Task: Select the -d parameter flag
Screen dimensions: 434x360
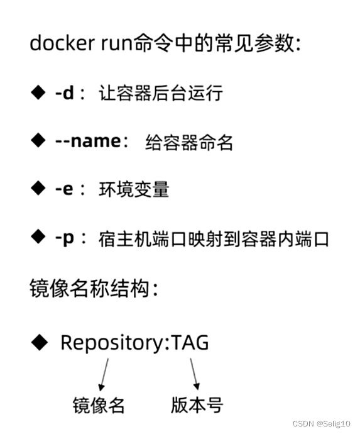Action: [64, 93]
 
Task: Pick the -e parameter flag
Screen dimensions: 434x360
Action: [64, 189]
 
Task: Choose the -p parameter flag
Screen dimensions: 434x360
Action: [64, 238]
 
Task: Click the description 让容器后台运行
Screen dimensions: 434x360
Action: [161, 94]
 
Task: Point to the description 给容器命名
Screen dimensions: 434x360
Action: [189, 142]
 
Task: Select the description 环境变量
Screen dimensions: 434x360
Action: [134, 190]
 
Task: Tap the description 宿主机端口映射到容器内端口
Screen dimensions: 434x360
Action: [214, 239]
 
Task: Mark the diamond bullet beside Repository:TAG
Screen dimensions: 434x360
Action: [40, 342]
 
